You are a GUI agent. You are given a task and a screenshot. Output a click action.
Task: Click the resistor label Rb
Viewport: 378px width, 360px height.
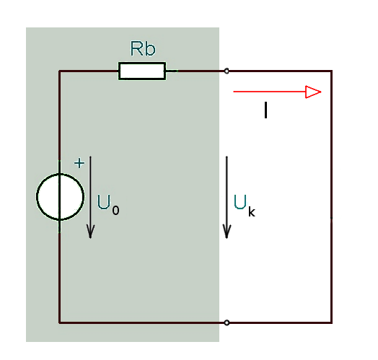[x=143, y=48]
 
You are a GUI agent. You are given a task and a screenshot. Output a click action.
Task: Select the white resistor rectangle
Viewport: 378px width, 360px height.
[x=142, y=71]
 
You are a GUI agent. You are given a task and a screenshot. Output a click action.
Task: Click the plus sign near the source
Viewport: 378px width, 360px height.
[x=79, y=163]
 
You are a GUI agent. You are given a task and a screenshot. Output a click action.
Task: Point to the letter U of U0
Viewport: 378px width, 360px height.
[x=104, y=202]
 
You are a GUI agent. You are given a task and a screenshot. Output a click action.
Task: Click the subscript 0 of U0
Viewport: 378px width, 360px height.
[x=115, y=210]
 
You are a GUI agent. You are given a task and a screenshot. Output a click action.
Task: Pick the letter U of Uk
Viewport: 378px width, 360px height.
[x=240, y=202]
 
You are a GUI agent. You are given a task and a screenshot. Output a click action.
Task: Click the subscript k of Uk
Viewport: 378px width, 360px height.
[x=252, y=211]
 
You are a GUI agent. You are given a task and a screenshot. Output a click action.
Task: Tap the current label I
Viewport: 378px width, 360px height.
[x=265, y=110]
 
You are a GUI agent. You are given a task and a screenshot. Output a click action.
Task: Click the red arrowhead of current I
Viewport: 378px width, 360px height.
[x=313, y=92]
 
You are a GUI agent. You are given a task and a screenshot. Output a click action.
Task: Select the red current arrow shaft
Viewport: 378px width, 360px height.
[x=270, y=92]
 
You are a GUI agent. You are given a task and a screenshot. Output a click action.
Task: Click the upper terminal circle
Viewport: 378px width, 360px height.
[x=227, y=71]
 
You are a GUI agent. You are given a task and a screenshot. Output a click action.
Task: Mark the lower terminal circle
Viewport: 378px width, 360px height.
[x=227, y=322]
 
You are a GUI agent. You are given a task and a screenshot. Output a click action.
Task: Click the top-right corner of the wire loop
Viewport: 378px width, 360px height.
[x=332, y=71]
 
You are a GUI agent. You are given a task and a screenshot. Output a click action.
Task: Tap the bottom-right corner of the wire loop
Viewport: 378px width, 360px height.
[x=332, y=322]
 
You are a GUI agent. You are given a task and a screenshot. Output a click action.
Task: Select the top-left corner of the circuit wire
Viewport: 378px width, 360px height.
[x=60, y=71]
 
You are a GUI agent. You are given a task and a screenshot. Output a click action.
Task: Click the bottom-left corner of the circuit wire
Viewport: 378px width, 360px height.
[x=60, y=322]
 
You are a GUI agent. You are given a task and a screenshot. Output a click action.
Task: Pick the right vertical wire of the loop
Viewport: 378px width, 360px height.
[x=332, y=197]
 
